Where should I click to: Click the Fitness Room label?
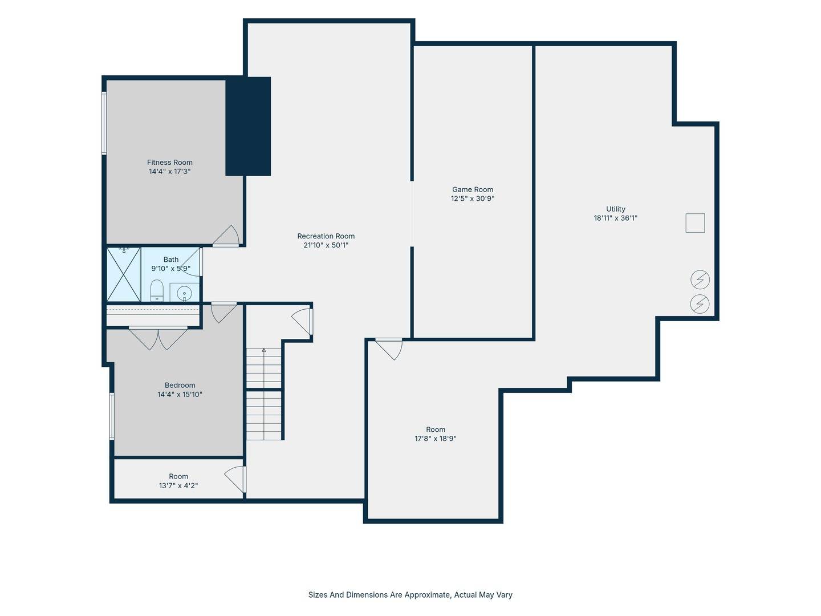[x=169, y=163]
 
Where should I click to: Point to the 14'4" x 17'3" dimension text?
[x=170, y=171]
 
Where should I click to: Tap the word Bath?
[x=171, y=259]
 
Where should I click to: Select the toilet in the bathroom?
[x=157, y=290]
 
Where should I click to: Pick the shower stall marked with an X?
[x=123, y=274]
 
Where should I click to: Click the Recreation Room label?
[x=326, y=236]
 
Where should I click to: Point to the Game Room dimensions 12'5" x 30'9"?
[x=473, y=198]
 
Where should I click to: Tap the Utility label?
[x=615, y=209]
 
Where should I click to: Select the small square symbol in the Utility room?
[x=695, y=223]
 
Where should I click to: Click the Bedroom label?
[x=180, y=385]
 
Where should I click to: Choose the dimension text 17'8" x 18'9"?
[x=436, y=439]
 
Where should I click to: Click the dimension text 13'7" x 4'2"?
[x=178, y=485]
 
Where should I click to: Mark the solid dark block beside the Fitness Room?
[x=248, y=127]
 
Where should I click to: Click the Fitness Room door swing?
[x=226, y=236]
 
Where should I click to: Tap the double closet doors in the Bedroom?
[x=158, y=338]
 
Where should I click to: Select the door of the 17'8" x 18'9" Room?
[x=389, y=349]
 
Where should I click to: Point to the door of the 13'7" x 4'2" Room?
[x=235, y=480]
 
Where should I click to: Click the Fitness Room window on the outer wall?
[x=104, y=123]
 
